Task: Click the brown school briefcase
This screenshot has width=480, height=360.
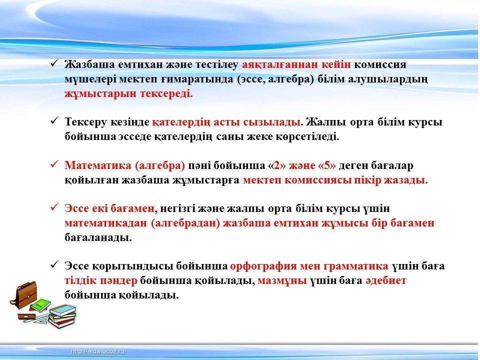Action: pyautogui.click(x=25, y=295)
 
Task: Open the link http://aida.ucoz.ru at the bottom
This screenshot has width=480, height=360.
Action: pyautogui.click(x=97, y=351)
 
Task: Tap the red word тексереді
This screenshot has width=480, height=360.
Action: pyautogui.click(x=166, y=93)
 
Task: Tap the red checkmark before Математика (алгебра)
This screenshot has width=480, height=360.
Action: pyautogui.click(x=54, y=164)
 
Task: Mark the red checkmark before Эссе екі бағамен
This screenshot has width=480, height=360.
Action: pyautogui.click(x=54, y=207)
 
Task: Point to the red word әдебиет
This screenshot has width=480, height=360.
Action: pyautogui.click(x=386, y=280)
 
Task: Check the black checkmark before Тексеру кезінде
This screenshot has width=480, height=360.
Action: pyautogui.click(x=54, y=121)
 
